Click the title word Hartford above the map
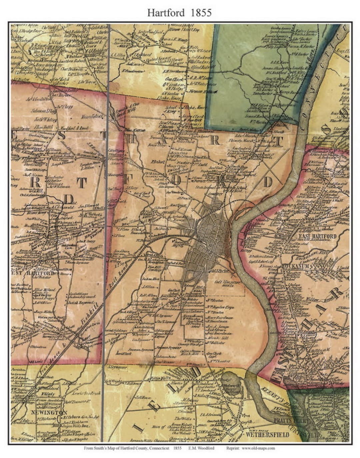pos(166,13)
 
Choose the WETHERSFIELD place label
pos(267,435)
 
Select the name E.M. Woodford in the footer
pos(204,448)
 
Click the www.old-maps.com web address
pos(258,448)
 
